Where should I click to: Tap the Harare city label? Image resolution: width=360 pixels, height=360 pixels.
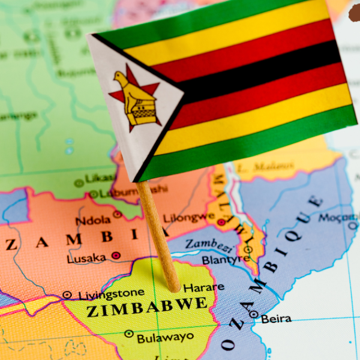pos(204,288)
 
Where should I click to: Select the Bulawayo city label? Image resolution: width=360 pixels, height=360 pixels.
pos(166,338)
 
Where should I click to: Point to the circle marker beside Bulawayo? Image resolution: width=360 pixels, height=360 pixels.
pos(128,334)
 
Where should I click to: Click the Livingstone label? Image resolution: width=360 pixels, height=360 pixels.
pos(112,293)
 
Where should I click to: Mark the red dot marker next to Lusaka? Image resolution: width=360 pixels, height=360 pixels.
pos(116,256)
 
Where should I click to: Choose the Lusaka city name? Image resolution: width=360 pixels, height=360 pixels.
pos(87,259)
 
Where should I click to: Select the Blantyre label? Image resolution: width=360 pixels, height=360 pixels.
pos(226,260)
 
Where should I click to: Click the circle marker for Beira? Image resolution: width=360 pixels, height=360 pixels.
pos(254,314)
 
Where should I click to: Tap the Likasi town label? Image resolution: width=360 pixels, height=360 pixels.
pos(101,178)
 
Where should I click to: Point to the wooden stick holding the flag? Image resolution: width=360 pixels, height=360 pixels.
pos(157,234)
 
